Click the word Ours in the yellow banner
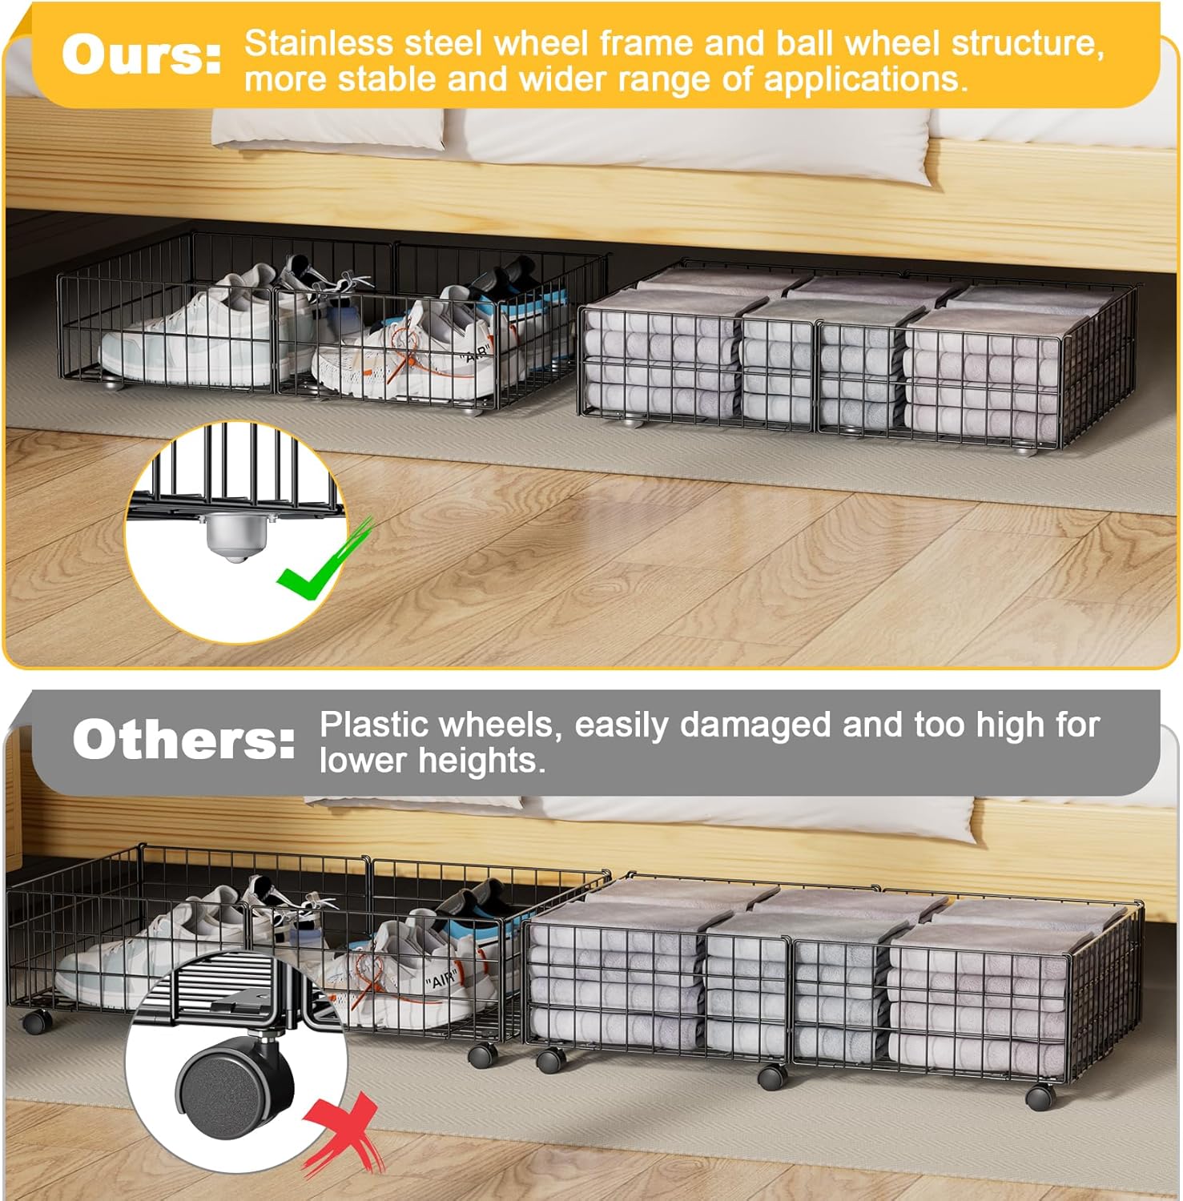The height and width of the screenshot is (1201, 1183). pos(142,55)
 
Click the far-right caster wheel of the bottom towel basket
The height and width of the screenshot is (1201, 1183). pos(1040,1096)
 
